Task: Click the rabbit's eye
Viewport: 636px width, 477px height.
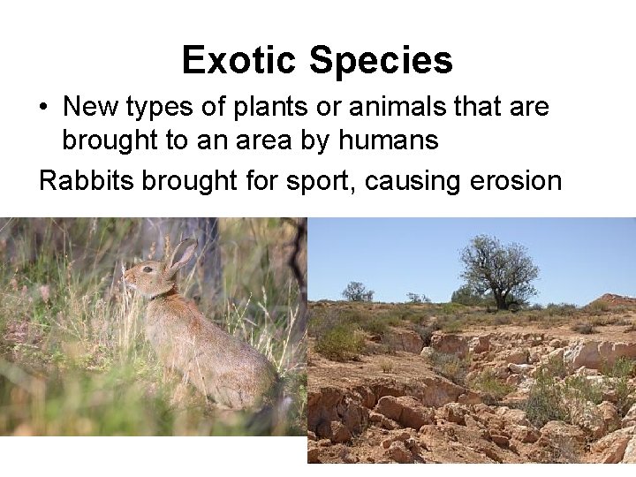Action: pyautogui.click(x=147, y=269)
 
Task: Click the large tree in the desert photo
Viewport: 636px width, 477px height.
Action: pyautogui.click(x=498, y=269)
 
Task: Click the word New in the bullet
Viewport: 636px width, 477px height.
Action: pyautogui.click(x=92, y=108)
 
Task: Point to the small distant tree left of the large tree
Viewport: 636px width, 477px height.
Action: pyautogui.click(x=357, y=291)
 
